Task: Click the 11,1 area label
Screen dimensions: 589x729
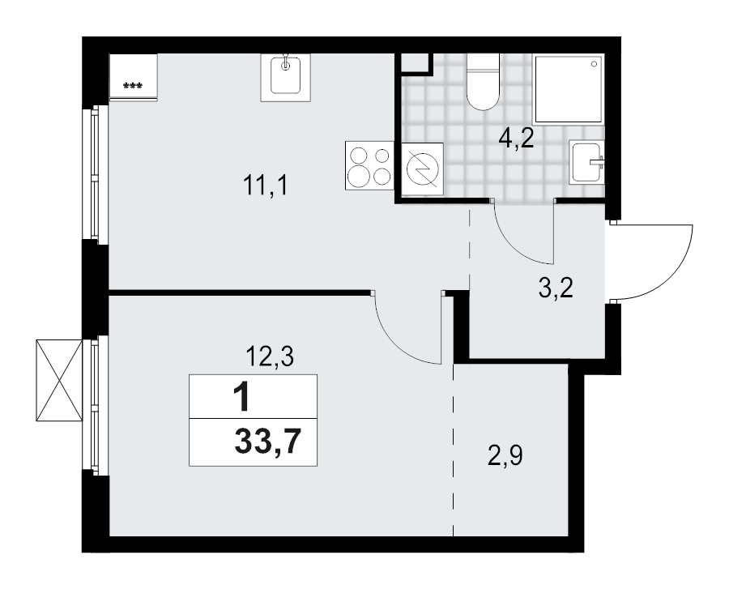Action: click(x=266, y=187)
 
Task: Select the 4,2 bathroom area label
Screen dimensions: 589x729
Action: click(x=516, y=140)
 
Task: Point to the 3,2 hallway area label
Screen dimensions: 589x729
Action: click(x=556, y=288)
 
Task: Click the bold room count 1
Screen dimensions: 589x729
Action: click(x=241, y=398)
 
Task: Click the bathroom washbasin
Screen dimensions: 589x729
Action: click(x=587, y=162)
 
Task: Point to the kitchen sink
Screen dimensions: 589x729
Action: click(x=285, y=78)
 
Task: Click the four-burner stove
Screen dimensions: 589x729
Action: click(x=369, y=164)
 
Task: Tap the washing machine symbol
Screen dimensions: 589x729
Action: click(x=423, y=169)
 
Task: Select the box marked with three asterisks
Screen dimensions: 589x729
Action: click(x=134, y=77)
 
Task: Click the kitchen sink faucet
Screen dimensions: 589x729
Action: click(x=285, y=64)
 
